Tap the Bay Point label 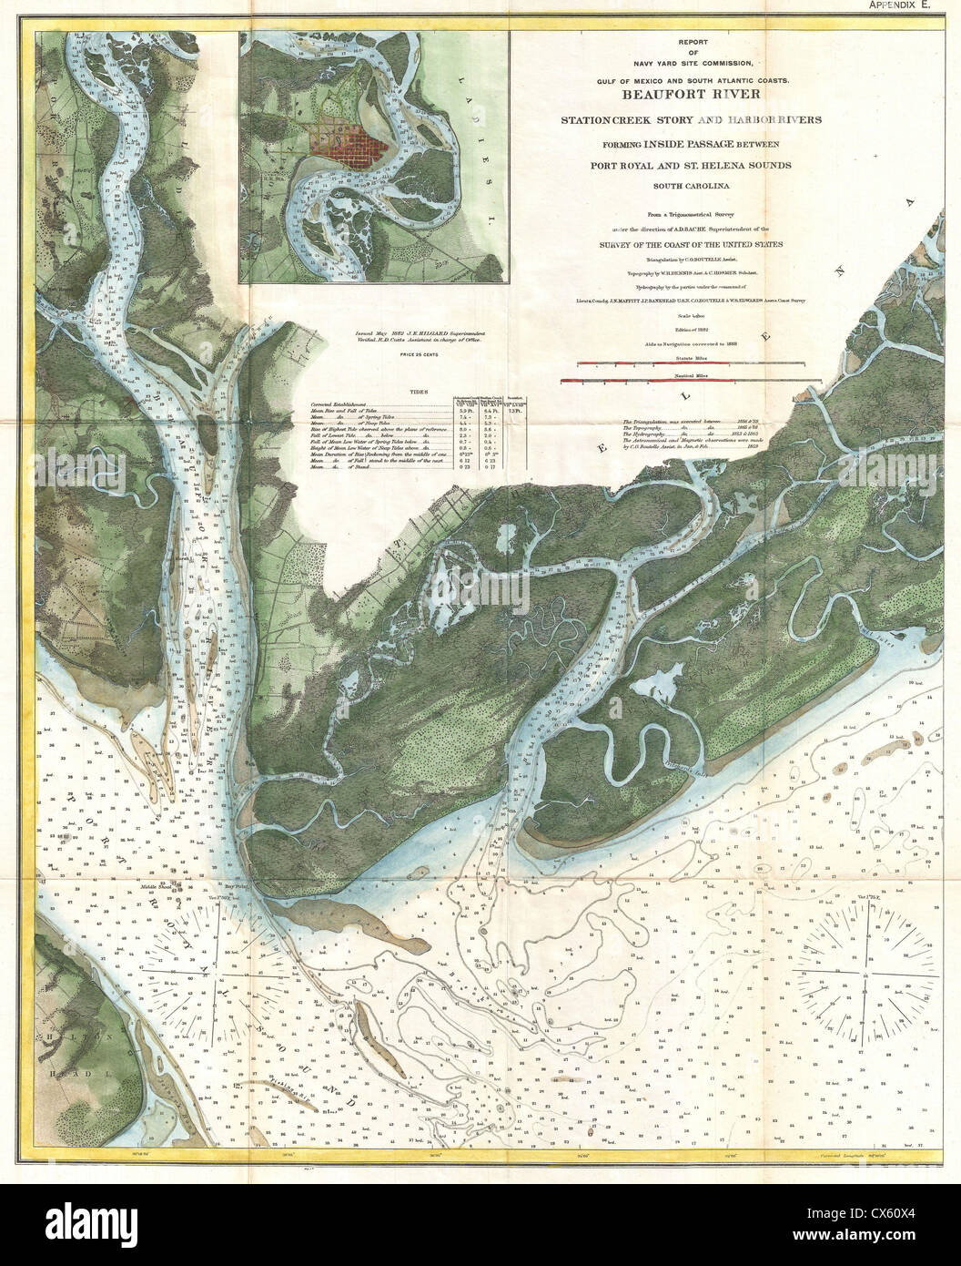point(236,886)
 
